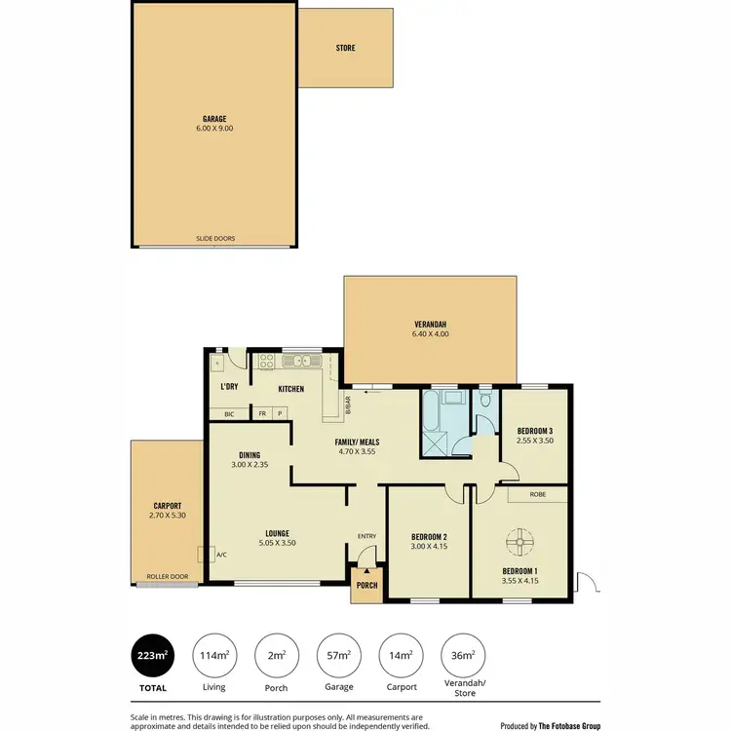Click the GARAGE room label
(214, 119)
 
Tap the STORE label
(345, 48)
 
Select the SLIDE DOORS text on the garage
(214, 238)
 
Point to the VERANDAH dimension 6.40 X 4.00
(429, 334)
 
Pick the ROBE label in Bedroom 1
(537, 494)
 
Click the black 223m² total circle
(151, 656)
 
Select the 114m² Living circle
(214, 656)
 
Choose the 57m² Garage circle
(340, 656)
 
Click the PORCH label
(365, 586)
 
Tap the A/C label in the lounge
(221, 555)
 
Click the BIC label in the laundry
(229, 414)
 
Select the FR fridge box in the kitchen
(261, 414)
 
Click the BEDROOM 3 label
(535, 431)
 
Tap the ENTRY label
(366, 536)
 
